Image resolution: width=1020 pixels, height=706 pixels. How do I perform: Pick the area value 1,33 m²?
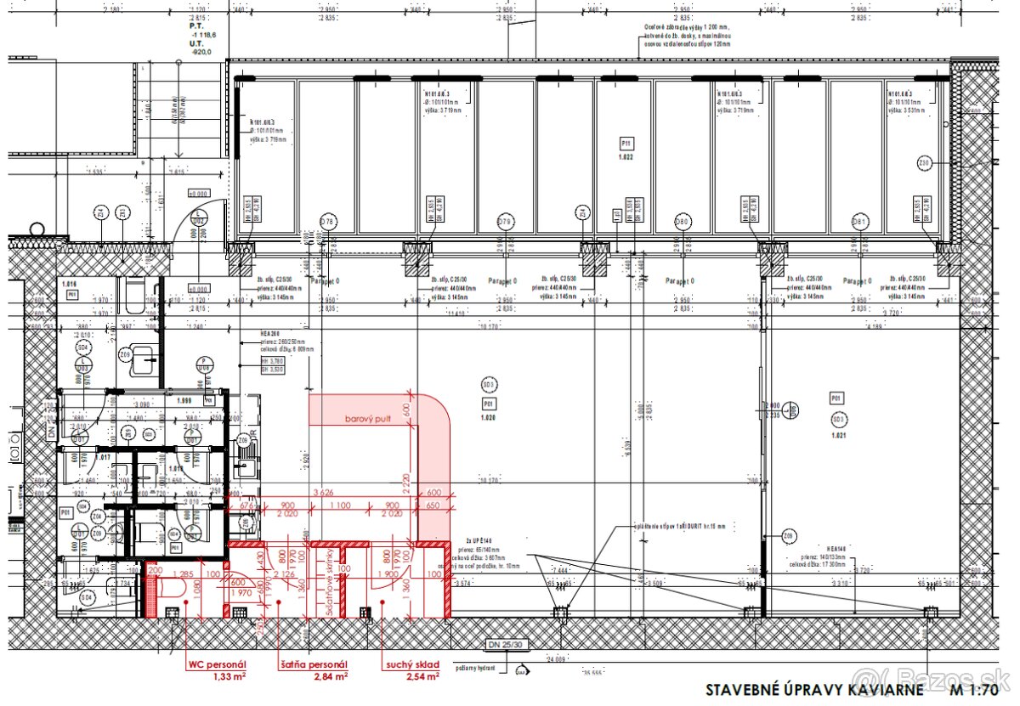[229, 676]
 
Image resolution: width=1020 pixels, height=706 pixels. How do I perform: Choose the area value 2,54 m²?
[422, 676]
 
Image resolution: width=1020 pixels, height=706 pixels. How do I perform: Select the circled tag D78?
[327, 223]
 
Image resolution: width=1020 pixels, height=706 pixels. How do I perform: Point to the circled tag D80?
[682, 223]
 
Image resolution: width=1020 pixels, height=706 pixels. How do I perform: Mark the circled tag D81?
[859, 223]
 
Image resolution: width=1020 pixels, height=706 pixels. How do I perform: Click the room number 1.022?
[626, 157]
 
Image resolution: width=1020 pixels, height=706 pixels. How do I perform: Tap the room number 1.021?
[838, 434]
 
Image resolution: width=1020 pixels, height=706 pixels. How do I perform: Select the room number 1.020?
[488, 417]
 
